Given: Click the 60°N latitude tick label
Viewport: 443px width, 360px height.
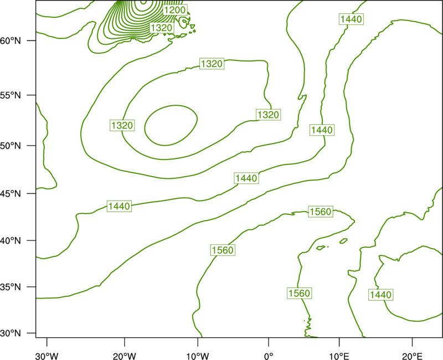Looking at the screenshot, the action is click(11, 40).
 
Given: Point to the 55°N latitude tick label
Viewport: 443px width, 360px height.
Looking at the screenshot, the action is click(11, 95).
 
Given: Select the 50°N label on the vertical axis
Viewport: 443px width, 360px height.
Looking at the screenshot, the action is click(11, 146).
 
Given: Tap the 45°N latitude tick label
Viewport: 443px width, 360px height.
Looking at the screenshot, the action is click(11, 193).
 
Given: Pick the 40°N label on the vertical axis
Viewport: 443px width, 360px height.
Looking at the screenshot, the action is click(11, 241).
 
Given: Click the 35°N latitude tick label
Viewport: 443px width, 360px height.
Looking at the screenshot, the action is click(11, 287).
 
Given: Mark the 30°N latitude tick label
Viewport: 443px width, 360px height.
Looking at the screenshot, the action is click(11, 333).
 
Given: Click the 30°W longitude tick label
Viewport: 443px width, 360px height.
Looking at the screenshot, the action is click(47, 356).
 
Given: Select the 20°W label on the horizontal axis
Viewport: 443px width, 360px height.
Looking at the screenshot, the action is click(124, 356).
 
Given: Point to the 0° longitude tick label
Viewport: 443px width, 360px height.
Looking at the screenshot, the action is click(269, 356).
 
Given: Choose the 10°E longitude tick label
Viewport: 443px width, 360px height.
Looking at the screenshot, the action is click(339, 356).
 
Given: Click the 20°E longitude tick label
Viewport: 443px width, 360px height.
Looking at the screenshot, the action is click(412, 356).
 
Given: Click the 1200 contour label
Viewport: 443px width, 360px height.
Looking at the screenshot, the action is click(175, 10).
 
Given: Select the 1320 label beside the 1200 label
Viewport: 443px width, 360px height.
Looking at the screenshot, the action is click(162, 28).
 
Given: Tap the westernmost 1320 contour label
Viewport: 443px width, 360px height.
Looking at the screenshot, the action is click(122, 125).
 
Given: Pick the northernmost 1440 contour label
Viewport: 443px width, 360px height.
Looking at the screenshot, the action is click(351, 19).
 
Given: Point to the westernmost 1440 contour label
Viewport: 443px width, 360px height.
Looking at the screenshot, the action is click(120, 206).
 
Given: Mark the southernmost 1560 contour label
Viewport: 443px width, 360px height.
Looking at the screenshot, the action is click(300, 294).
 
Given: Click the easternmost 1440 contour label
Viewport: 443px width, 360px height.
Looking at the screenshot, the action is click(381, 295).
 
